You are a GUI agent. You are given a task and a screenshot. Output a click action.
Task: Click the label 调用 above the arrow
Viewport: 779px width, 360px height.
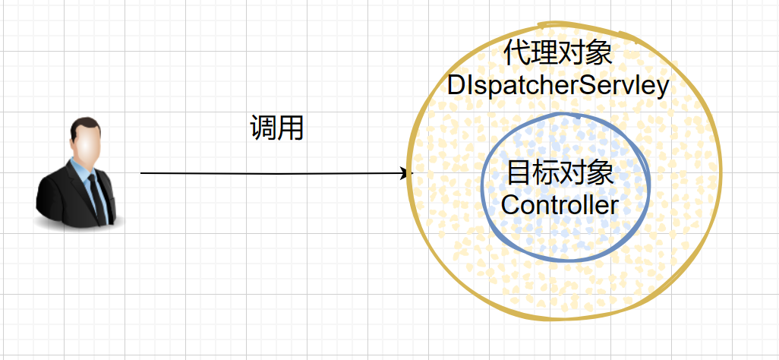coord(277,128)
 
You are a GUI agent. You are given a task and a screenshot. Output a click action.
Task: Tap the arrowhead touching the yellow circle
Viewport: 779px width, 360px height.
coord(405,173)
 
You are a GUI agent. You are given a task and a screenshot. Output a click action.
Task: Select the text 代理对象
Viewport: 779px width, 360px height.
coord(558,54)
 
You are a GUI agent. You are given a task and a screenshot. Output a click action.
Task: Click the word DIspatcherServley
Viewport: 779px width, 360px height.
coord(558,86)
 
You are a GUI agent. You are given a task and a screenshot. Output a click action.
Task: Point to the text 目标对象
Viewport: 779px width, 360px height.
coord(560,174)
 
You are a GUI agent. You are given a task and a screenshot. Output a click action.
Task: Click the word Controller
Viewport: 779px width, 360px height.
coord(560,204)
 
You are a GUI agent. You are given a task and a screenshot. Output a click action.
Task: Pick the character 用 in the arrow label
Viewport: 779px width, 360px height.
coord(291,128)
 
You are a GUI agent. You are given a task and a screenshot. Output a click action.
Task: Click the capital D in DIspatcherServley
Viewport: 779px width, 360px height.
coord(457,86)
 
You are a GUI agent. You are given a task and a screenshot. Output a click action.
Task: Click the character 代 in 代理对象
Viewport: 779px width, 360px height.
coord(517,54)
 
